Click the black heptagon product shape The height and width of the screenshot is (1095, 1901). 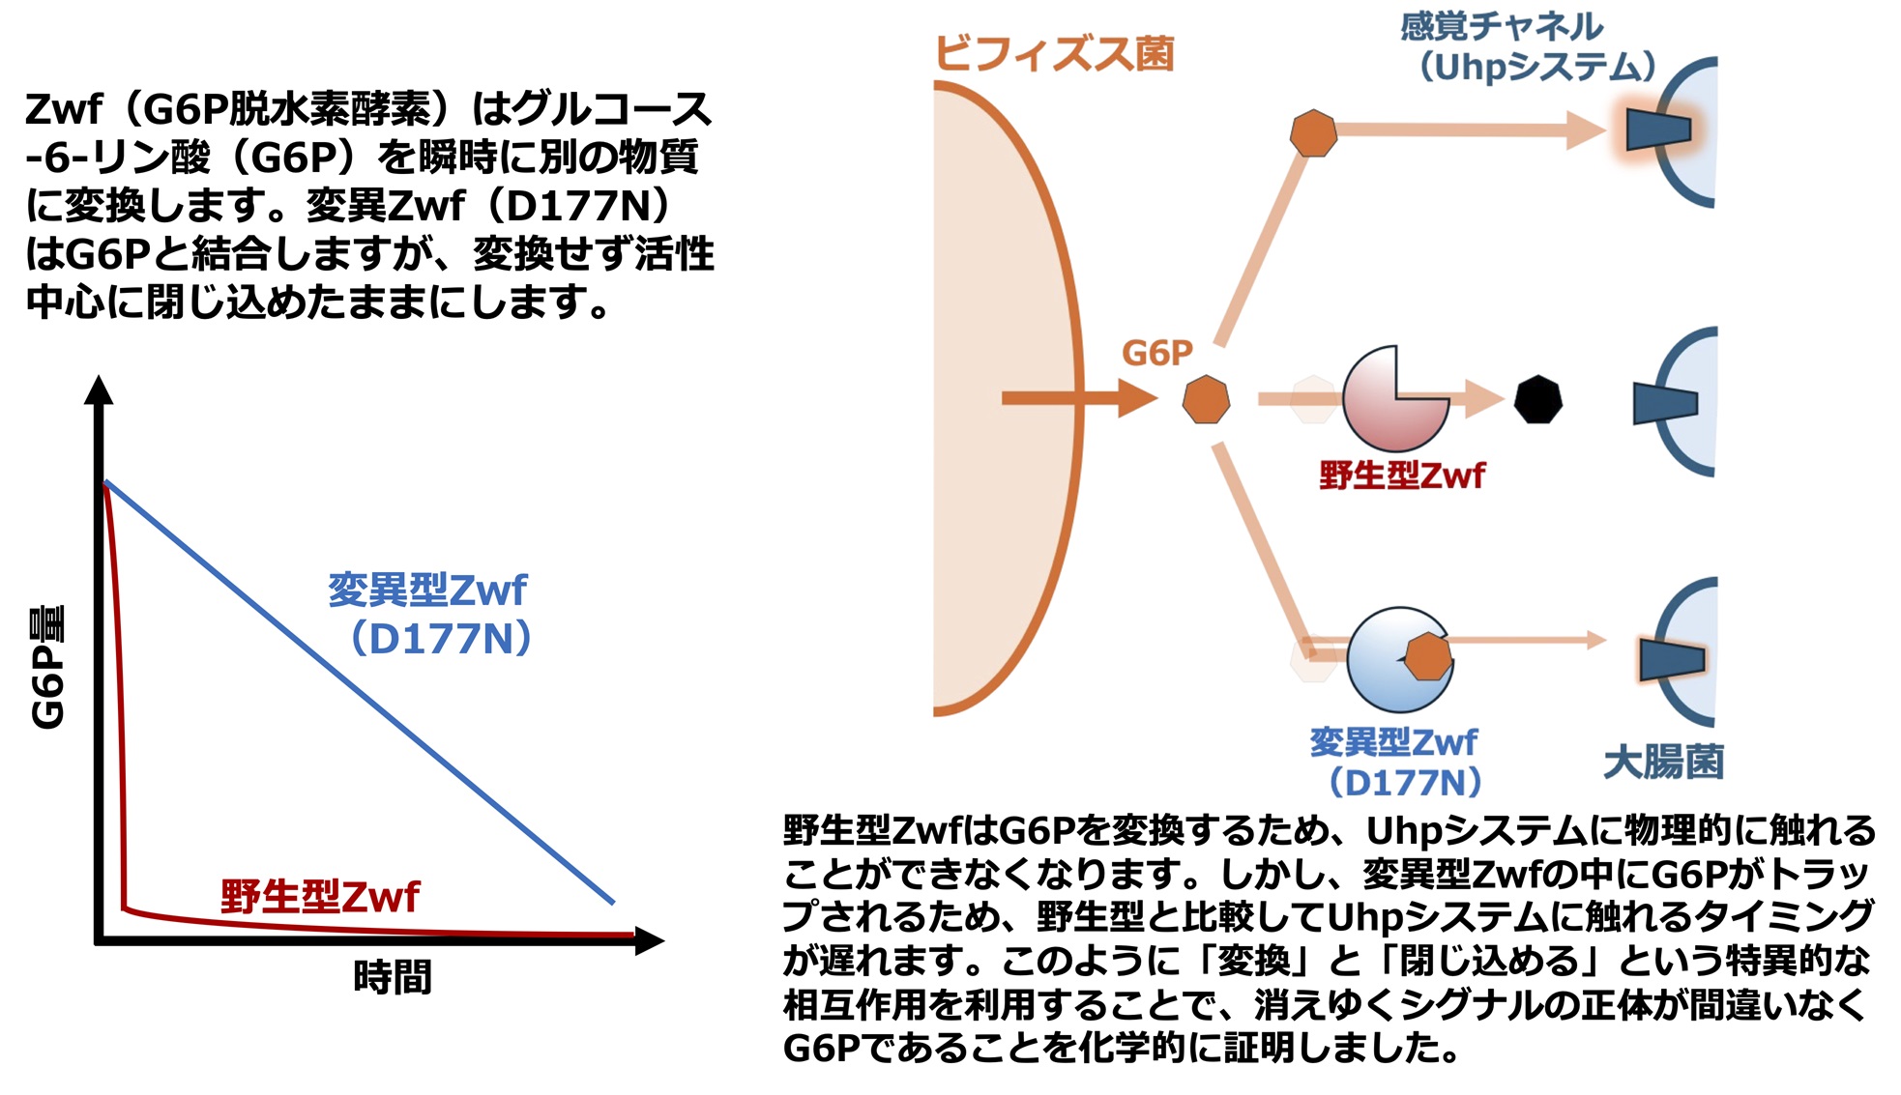(x=1537, y=399)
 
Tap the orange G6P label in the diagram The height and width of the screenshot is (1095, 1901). (x=1157, y=353)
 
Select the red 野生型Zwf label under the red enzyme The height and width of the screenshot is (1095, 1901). (x=1402, y=475)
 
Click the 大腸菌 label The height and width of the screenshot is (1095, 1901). (x=1663, y=762)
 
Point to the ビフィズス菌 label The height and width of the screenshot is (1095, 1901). (x=1055, y=53)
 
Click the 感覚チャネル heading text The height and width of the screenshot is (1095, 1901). (x=1502, y=26)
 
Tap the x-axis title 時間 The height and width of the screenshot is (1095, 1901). (x=393, y=977)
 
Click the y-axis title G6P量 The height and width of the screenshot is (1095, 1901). (x=47, y=667)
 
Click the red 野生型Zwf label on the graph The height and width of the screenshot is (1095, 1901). (x=320, y=896)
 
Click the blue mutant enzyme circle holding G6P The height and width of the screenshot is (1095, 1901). (x=1399, y=660)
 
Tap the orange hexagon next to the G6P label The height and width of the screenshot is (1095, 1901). (x=1207, y=399)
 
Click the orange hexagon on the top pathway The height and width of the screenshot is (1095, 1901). (x=1314, y=132)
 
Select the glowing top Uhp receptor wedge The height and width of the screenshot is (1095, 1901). (x=1658, y=130)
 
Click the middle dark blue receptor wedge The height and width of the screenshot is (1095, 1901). (x=1665, y=403)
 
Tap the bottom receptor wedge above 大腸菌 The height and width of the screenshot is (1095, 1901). (x=1672, y=659)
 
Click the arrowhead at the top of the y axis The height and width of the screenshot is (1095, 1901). (x=99, y=389)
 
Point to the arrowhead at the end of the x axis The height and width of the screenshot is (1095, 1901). (x=650, y=940)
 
